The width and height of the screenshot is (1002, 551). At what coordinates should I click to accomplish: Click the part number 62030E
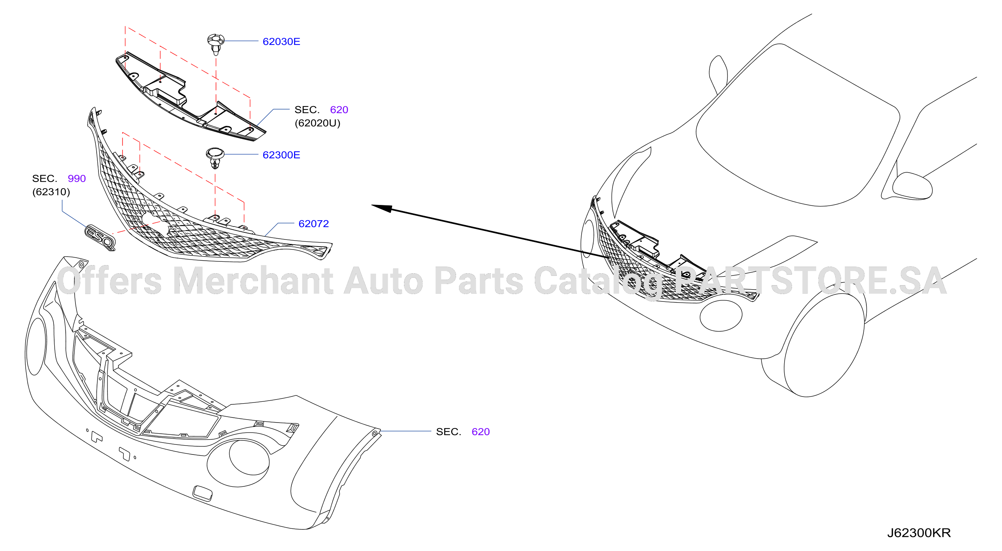point(281,42)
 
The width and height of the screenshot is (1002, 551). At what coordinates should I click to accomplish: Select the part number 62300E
point(281,155)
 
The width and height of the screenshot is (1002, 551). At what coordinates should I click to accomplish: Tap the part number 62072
point(314,224)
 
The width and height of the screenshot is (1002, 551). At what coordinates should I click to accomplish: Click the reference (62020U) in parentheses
point(317,123)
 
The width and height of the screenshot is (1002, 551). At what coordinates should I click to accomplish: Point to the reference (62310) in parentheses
point(51,192)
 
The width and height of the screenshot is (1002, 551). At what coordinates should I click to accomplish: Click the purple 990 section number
point(77,178)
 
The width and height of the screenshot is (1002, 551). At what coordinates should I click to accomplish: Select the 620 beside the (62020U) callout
point(339,110)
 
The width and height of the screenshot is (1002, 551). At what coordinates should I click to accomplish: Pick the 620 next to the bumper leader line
point(481,432)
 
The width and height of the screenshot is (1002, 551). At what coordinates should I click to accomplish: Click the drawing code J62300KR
point(919,533)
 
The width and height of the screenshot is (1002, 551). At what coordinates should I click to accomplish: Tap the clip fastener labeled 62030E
point(216,44)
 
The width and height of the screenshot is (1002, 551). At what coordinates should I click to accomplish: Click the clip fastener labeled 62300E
point(215,158)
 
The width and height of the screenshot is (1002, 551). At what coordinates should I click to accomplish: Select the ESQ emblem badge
point(100,237)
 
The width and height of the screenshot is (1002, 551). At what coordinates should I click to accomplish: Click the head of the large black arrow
point(381,208)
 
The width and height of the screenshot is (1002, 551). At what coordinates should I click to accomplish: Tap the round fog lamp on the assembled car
point(721,316)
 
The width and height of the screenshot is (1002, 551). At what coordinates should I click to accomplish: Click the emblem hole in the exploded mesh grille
point(155,222)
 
